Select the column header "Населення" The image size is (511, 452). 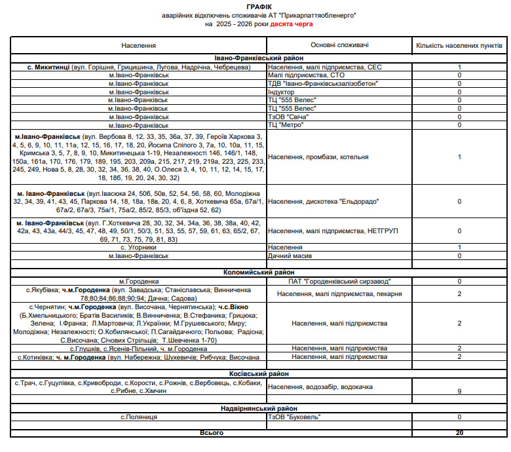[138, 45]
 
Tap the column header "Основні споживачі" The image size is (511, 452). [339, 45]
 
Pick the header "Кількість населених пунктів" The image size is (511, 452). [459, 45]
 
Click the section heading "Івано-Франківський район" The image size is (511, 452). [257, 58]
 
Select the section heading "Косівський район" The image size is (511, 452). [257, 373]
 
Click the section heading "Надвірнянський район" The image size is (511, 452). [257, 408]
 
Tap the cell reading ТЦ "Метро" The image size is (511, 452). [286, 124]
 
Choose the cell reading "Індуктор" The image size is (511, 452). [282, 92]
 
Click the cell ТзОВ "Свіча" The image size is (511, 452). [288, 117]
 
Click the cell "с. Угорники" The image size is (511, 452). [138, 247]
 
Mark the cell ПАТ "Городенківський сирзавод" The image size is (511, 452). [338, 281]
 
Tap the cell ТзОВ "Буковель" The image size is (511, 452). [292, 417]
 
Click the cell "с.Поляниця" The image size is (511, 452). [138, 417]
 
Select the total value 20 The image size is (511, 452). [459, 432]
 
